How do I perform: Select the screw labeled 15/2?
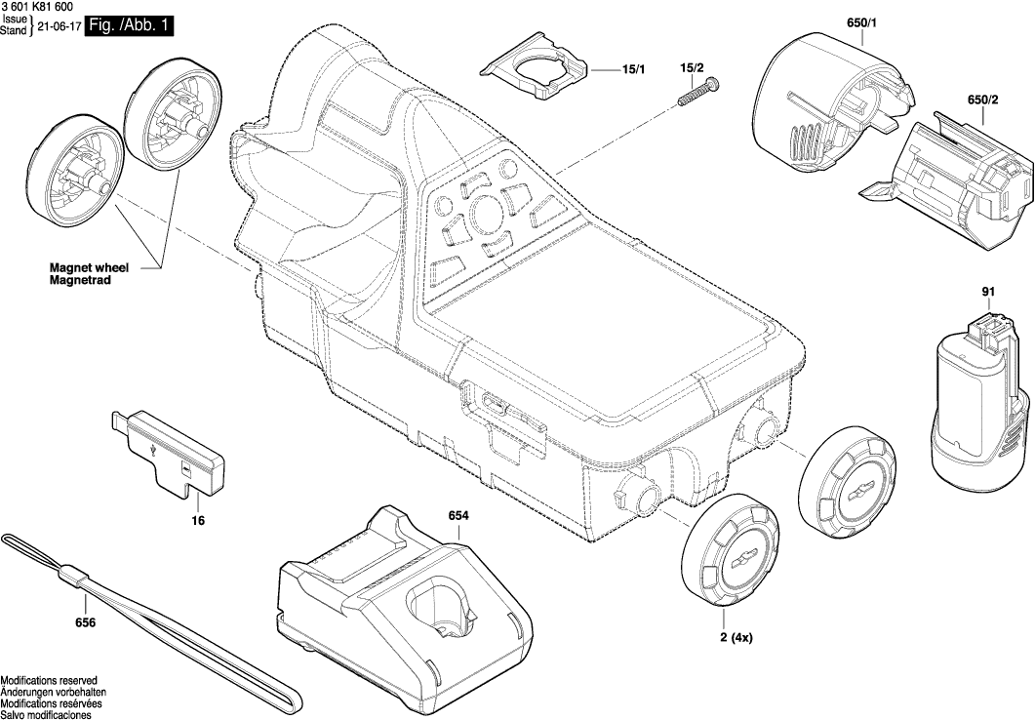click(694, 95)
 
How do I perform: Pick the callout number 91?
click(988, 292)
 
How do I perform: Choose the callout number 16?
click(198, 522)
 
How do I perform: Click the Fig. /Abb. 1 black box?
click(130, 26)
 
